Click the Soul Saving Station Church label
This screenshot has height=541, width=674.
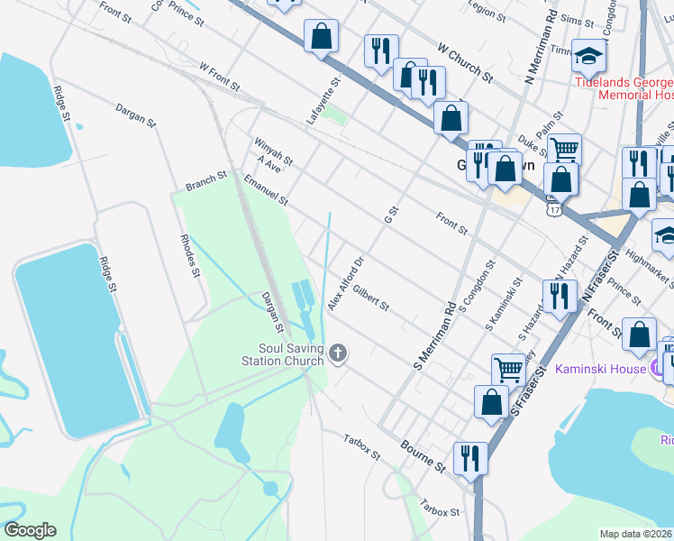[x=290, y=355]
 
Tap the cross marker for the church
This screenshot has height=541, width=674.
[x=338, y=353]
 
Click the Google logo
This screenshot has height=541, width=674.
[x=30, y=530]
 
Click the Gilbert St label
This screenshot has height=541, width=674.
[x=370, y=299]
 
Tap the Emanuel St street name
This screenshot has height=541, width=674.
[x=265, y=190]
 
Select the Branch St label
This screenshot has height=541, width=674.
[x=206, y=182]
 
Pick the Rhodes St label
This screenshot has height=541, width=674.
[x=189, y=255]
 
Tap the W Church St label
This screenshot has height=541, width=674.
[x=464, y=61]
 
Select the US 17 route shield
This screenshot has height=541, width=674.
[x=551, y=207]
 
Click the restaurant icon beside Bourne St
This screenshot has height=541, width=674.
[x=470, y=457]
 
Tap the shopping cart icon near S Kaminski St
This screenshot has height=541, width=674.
[x=508, y=369]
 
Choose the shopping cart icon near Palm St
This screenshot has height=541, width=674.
[x=564, y=148]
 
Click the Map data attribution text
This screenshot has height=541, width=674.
[x=636, y=534]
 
